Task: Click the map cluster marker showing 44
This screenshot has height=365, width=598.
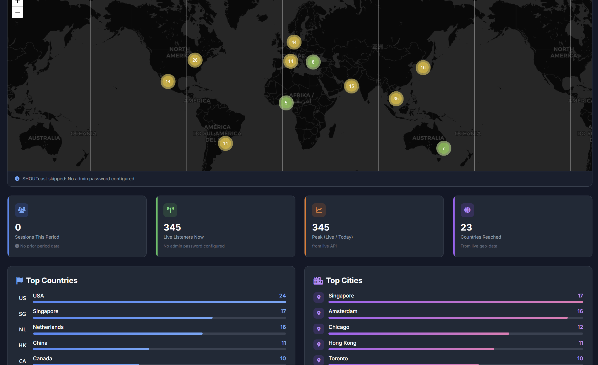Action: tap(294, 42)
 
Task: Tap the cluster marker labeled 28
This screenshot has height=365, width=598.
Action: tap(195, 60)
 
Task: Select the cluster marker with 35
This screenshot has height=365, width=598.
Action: tap(396, 99)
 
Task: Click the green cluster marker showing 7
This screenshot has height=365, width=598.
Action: tap(443, 148)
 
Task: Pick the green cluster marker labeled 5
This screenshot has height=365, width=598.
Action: tap(286, 103)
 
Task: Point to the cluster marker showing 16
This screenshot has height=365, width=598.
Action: tap(423, 67)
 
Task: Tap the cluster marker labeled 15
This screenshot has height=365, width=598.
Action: tap(352, 86)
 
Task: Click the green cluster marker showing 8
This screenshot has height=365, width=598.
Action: tap(313, 62)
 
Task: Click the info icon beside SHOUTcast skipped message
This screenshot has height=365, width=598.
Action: tap(17, 179)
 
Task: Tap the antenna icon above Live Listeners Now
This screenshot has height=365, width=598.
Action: tap(170, 210)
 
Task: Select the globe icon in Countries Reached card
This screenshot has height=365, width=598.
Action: tap(467, 210)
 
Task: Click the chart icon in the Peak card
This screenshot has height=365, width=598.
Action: tap(319, 210)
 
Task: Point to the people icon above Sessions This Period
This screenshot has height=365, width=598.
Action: tap(22, 210)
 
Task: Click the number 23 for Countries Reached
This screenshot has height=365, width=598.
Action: tap(466, 227)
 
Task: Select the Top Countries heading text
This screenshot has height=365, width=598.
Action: tap(52, 281)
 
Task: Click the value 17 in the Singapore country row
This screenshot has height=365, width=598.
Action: tap(283, 311)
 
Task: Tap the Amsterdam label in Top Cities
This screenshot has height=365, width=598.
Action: tap(343, 311)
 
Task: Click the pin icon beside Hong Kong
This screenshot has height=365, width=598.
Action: tap(319, 344)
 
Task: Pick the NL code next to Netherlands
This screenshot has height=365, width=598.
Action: tap(23, 329)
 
